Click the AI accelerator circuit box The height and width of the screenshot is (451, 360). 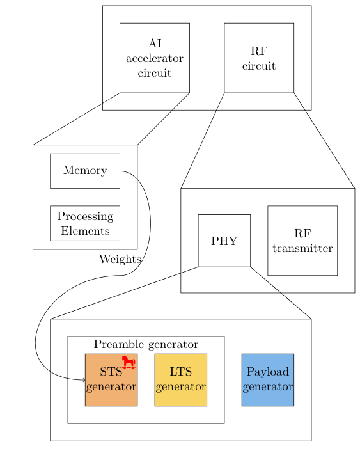coord(154,58)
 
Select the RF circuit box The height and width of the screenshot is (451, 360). coord(258,58)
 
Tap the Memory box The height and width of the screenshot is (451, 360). coord(85,171)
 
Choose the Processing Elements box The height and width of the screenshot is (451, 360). coord(85,223)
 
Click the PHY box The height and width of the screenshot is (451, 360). coord(224,241)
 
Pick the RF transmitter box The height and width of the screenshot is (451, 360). coord(302,241)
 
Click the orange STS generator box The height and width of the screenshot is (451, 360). coord(111,380)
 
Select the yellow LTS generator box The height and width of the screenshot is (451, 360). coord(180,380)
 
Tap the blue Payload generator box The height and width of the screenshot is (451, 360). coord(267,380)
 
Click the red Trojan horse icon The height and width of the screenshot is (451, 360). coord(129,363)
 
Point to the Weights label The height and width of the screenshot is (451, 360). coord(120,259)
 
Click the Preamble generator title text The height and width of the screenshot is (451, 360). coord(146,344)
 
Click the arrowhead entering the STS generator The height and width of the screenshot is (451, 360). coord(83,380)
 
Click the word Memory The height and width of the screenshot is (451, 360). coord(85,171)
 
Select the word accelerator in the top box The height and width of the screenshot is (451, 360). coord(155,59)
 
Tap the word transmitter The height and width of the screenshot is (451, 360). coord(302,248)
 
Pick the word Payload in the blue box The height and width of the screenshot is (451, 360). coord(268,372)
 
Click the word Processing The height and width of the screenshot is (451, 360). coord(85,216)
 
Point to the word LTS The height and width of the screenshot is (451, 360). coord(180,372)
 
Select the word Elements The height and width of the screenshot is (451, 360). coord(85,231)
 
